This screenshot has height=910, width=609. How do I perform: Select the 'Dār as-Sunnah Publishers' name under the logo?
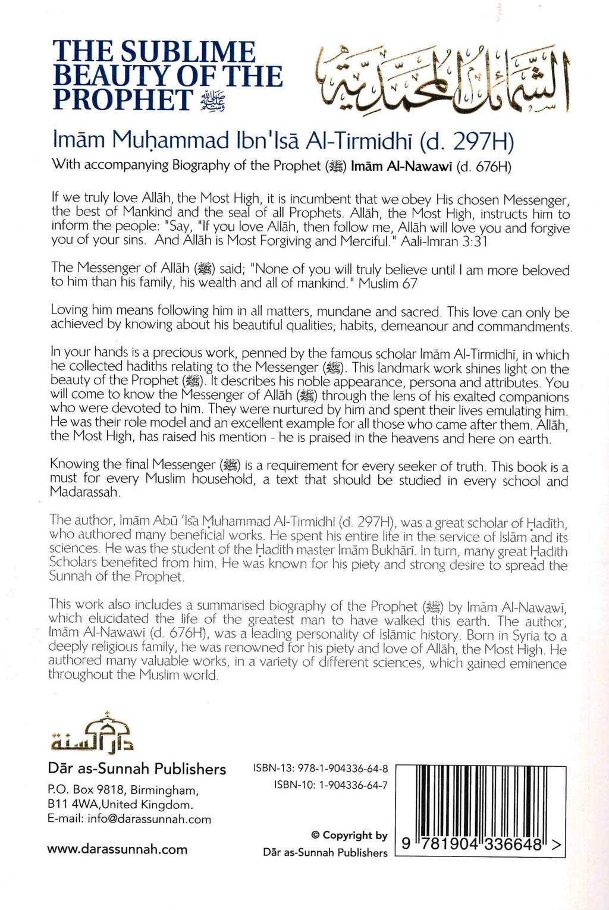137,769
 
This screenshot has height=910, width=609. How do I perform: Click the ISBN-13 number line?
321,768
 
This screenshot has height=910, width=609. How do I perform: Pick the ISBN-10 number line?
331,785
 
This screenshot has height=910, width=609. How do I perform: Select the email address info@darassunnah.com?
129,819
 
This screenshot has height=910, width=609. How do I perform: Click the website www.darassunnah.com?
117,849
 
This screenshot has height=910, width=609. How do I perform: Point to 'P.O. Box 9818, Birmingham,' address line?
122,790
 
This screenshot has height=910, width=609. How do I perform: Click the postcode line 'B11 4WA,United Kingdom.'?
120,805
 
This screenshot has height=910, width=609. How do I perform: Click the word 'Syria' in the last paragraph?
521,636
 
